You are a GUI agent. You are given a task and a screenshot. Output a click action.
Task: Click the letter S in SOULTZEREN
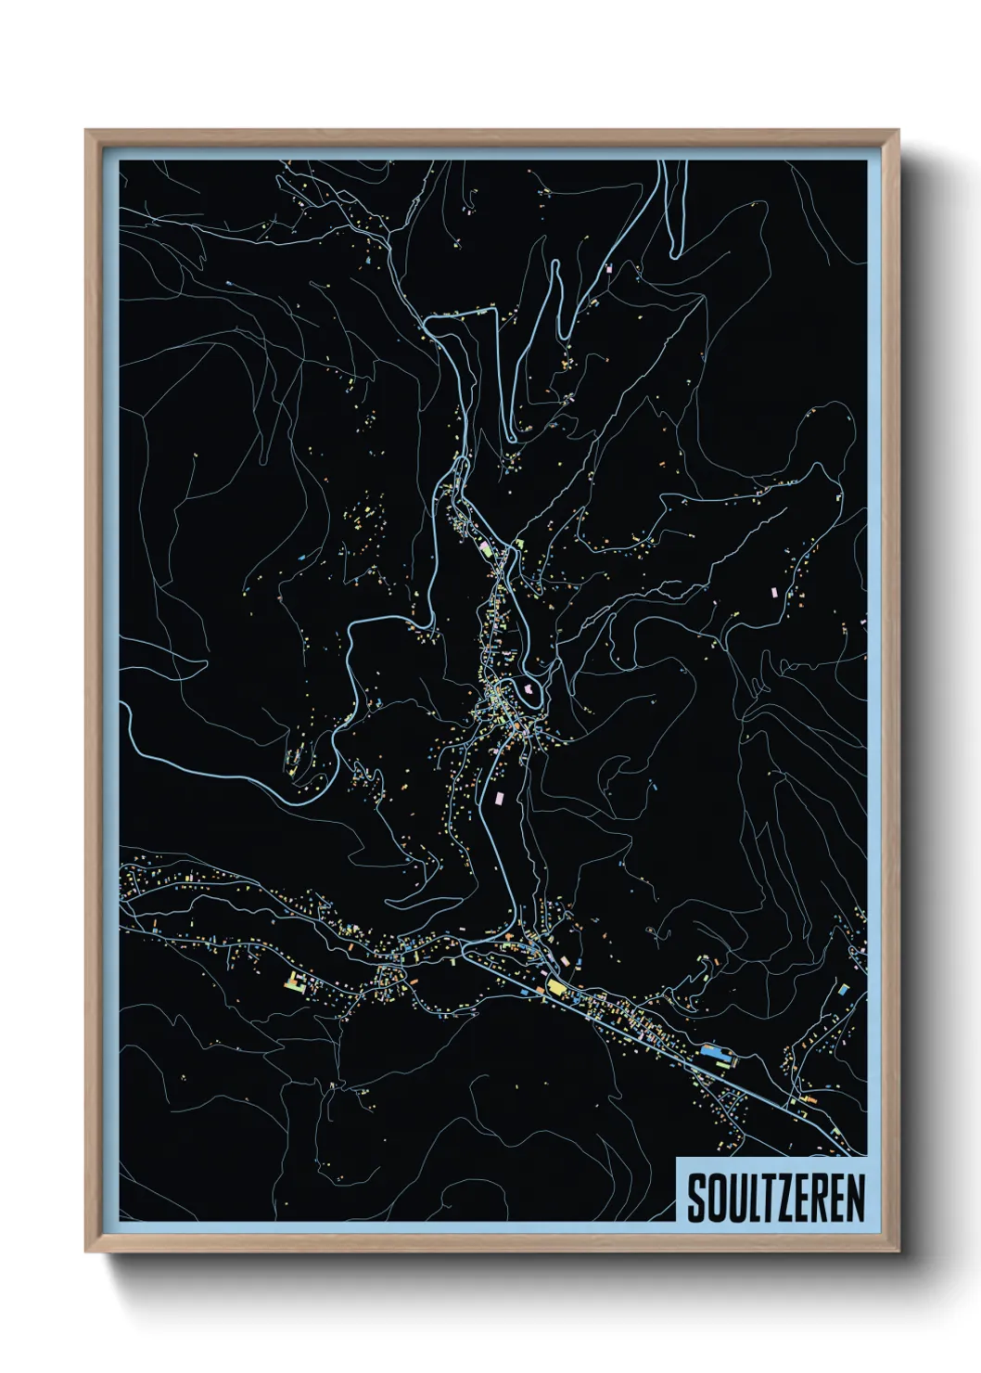[x=696, y=1199]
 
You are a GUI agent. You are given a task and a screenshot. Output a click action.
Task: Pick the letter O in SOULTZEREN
[x=714, y=1199]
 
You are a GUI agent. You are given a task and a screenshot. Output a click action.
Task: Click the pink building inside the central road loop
[x=529, y=689]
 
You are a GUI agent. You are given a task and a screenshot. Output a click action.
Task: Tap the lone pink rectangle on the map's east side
[x=772, y=589]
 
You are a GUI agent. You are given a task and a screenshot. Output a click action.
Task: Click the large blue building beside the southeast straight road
[x=713, y=1052]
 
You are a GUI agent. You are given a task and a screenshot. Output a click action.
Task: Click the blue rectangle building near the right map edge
[x=843, y=990]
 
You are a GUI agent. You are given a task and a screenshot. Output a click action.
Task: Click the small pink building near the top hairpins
[x=609, y=268]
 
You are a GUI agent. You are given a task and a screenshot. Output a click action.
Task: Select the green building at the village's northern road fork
[x=519, y=545]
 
